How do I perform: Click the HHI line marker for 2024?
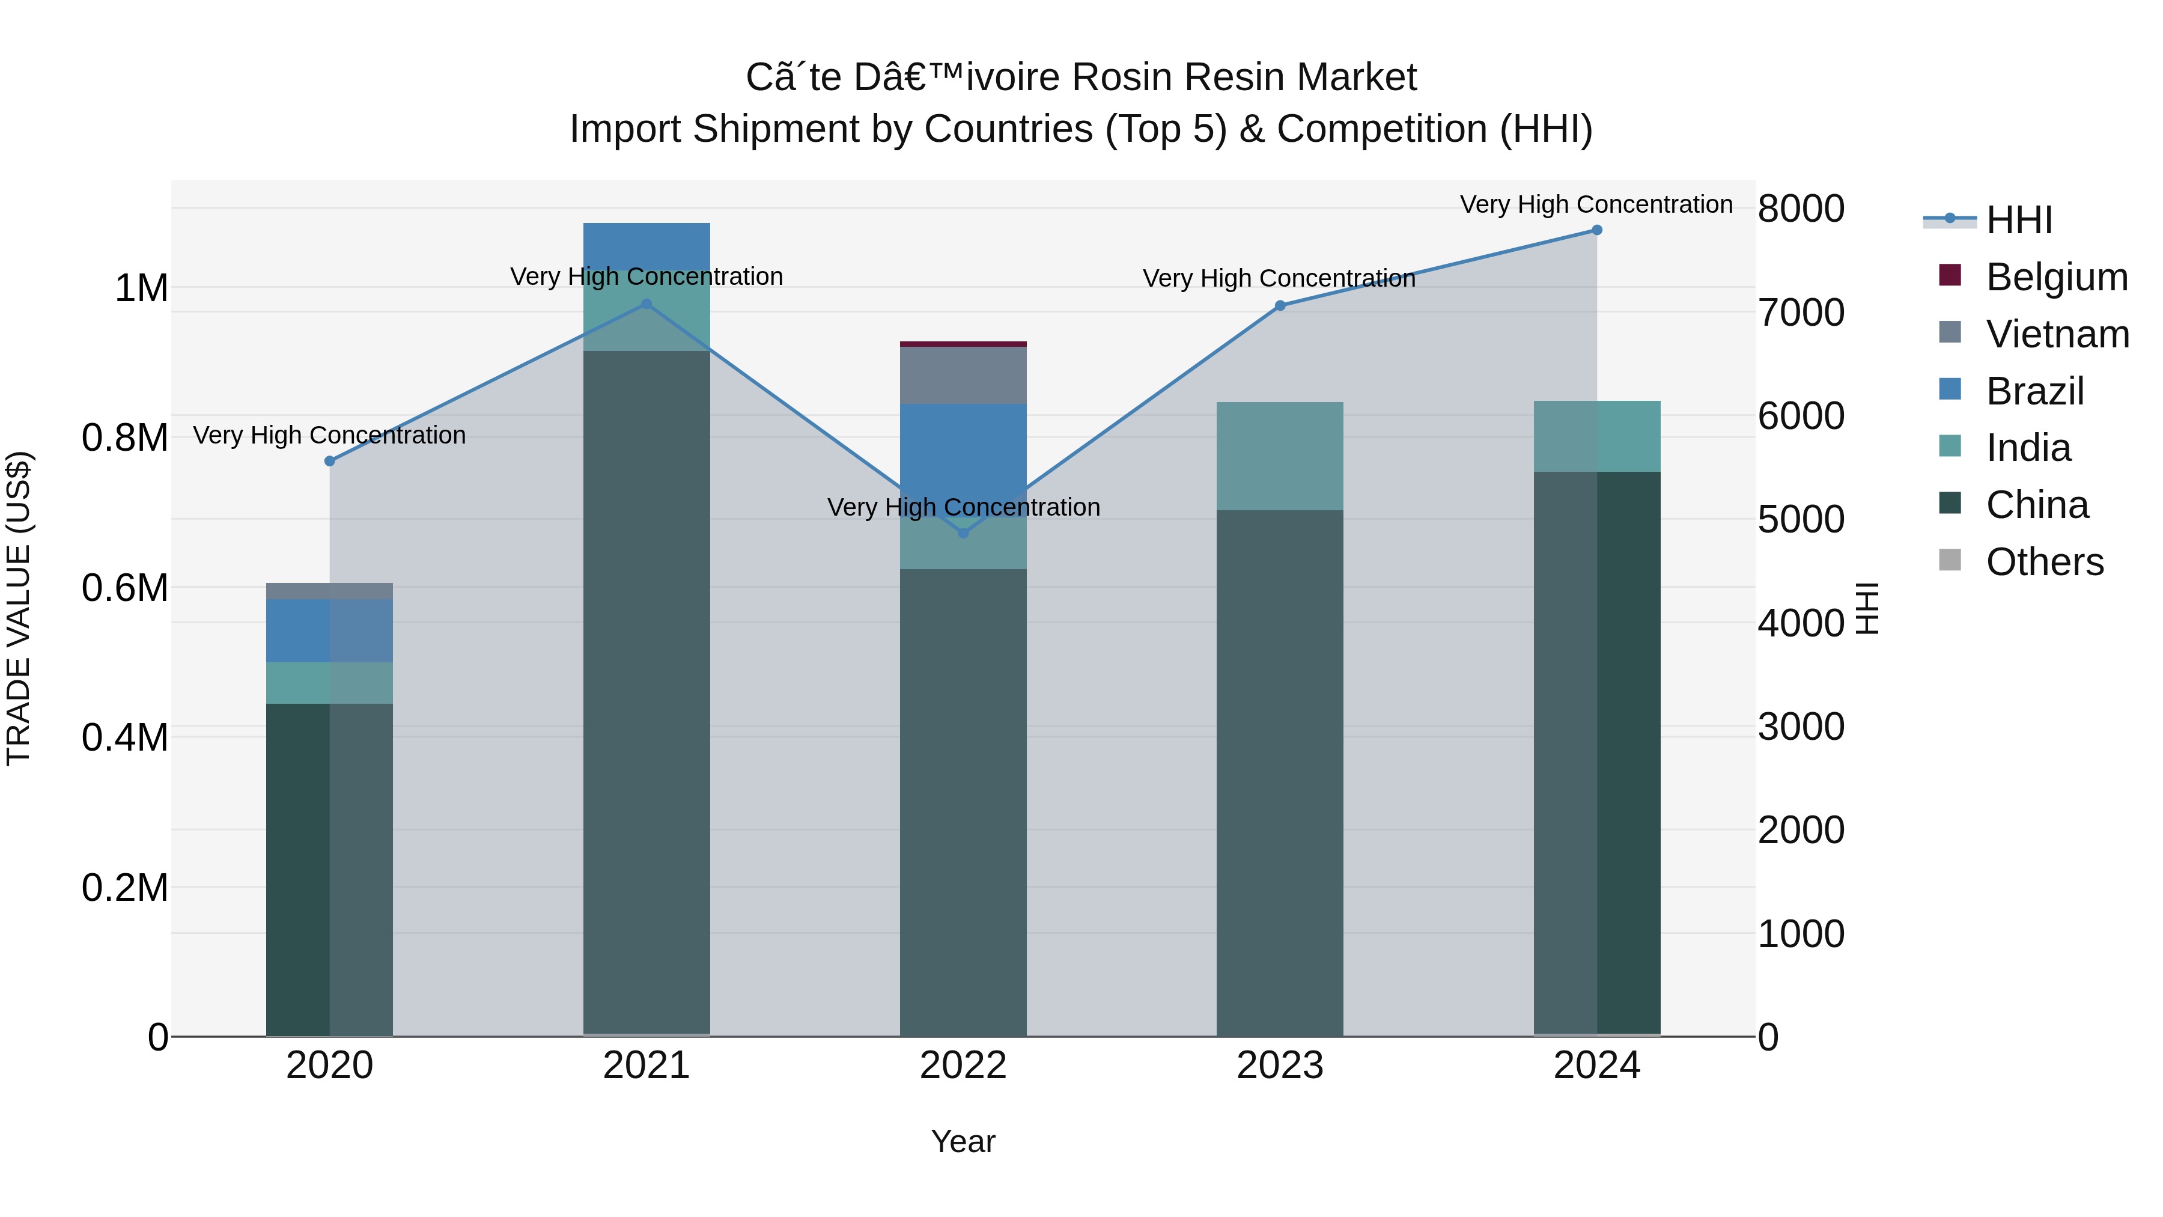[1596, 230]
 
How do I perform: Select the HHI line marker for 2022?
[963, 532]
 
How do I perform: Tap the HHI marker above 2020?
[329, 461]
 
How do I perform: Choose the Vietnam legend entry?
[2057, 334]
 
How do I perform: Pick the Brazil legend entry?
[2034, 391]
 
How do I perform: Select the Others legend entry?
[2044, 562]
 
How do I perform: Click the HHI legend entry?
[2019, 220]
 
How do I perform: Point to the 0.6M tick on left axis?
[124, 588]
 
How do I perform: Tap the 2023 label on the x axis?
[1280, 1066]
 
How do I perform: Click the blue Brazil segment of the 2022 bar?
[963, 445]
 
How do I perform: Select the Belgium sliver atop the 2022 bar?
[963, 344]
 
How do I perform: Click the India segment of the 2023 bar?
[1280, 456]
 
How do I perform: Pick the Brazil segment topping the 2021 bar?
[646, 243]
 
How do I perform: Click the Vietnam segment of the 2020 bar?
[329, 590]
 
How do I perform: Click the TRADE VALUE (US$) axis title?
[19, 608]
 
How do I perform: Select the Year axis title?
[963, 1141]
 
